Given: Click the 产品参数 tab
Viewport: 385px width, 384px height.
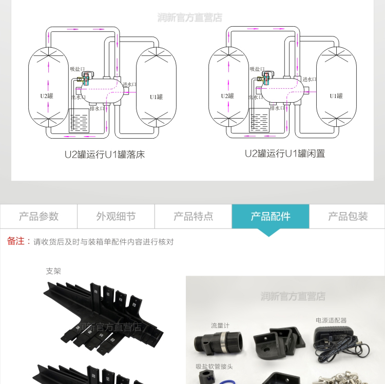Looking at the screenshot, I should coord(38,217).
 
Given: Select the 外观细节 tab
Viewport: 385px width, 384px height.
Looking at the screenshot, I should coord(116,217).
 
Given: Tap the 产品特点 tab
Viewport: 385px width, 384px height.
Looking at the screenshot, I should coord(193,217).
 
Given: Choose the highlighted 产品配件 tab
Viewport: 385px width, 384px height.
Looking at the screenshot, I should coord(271,217).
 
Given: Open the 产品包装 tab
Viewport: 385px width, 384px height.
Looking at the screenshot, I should coord(348,217).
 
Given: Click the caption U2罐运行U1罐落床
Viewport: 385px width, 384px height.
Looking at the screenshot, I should coord(105,154).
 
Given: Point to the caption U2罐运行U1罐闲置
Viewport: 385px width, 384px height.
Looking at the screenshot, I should coord(285,153).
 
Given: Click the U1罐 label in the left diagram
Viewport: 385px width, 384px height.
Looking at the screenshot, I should coord(156,97).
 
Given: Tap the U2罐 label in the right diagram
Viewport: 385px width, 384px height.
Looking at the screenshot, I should coord(227,96).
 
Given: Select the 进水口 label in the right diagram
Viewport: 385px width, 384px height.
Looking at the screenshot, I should coord(309,80).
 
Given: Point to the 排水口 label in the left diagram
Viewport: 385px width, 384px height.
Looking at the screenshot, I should coord(97,108).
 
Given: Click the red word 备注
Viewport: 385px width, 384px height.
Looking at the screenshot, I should coord(16,241).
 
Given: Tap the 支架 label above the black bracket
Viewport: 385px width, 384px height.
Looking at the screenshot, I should coord(53,271).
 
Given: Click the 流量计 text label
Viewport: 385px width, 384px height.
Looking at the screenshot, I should coord(219,325).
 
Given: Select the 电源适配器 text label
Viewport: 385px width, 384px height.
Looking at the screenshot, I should coord(331,320).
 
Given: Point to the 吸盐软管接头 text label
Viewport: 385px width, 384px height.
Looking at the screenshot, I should coord(214,367).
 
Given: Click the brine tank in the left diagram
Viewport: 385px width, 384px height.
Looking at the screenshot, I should coord(79,123).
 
